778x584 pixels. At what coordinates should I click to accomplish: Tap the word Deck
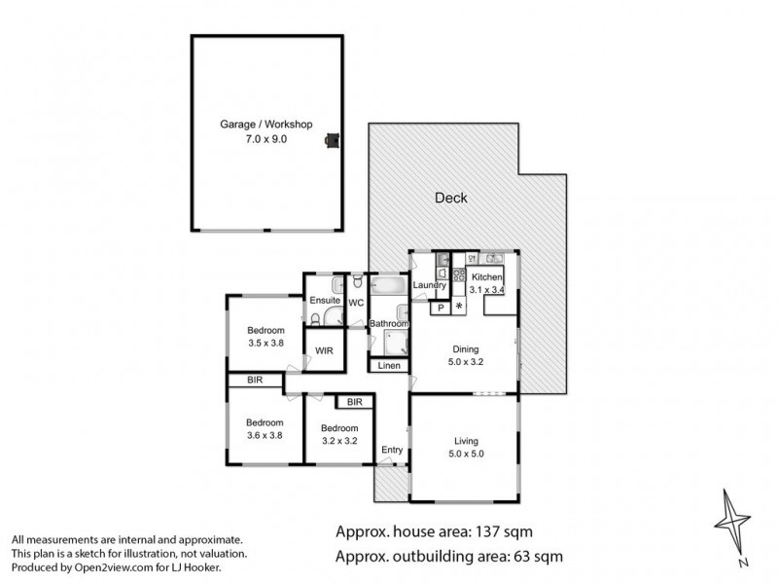(451, 198)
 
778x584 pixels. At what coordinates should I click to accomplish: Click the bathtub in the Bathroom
(389, 286)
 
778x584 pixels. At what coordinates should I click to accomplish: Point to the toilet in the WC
(357, 281)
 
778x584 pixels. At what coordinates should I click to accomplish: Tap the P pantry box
(441, 308)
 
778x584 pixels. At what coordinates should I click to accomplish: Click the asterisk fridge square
(459, 307)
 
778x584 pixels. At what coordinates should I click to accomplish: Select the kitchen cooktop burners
(459, 275)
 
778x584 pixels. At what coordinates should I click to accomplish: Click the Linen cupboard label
(389, 366)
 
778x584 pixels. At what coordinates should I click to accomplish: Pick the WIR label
(324, 350)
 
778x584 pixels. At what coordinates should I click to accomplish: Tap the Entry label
(392, 450)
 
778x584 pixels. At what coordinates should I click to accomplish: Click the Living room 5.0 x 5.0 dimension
(466, 454)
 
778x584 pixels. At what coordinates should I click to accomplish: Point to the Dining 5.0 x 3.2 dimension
(466, 361)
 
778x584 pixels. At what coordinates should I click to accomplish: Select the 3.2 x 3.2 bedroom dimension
(339, 441)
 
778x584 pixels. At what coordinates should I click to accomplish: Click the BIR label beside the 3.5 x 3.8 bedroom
(255, 380)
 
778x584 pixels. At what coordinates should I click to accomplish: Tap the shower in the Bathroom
(396, 344)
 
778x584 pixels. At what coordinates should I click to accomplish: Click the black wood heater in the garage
(332, 140)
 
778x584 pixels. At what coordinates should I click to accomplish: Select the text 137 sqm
(504, 531)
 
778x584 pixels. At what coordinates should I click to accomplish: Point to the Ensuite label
(325, 300)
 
